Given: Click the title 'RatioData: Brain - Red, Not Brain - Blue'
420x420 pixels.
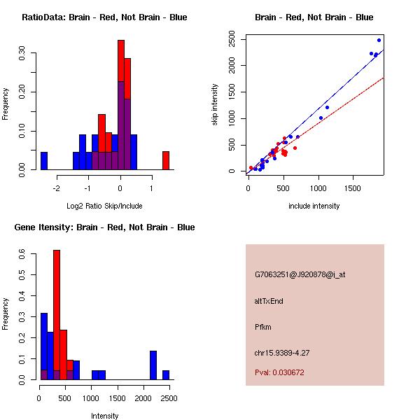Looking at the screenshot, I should coord(104,17).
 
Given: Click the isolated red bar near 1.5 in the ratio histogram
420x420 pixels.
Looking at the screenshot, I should coord(166,160).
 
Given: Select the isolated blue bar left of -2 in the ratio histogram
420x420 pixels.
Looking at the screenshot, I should coord(44,160).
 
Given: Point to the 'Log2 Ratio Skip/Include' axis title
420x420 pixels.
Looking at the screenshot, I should coord(104,206).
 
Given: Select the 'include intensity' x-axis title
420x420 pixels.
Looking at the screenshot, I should coord(314,206).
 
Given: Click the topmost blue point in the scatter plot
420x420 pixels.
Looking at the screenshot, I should coord(379,40).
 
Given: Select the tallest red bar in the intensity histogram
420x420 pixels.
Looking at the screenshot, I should coord(57,315).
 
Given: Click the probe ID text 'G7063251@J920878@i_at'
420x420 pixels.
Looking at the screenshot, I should coord(300,274).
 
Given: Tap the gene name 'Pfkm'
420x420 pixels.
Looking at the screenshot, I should coord(262,327).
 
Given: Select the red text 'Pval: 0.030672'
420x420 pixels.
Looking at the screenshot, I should coord(279,372).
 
